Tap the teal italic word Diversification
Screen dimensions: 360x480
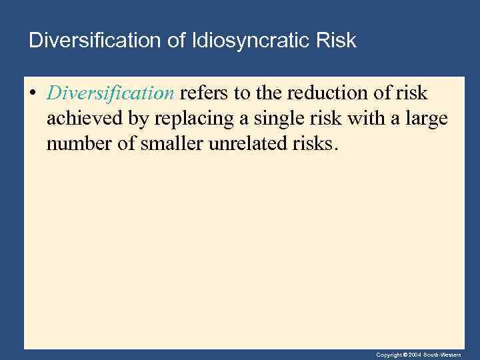pyautogui.click(x=110, y=93)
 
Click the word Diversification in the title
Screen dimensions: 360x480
pyautogui.click(x=93, y=41)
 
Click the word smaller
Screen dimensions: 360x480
pyautogui.click(x=172, y=145)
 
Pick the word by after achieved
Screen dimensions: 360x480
pyautogui.click(x=139, y=119)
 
